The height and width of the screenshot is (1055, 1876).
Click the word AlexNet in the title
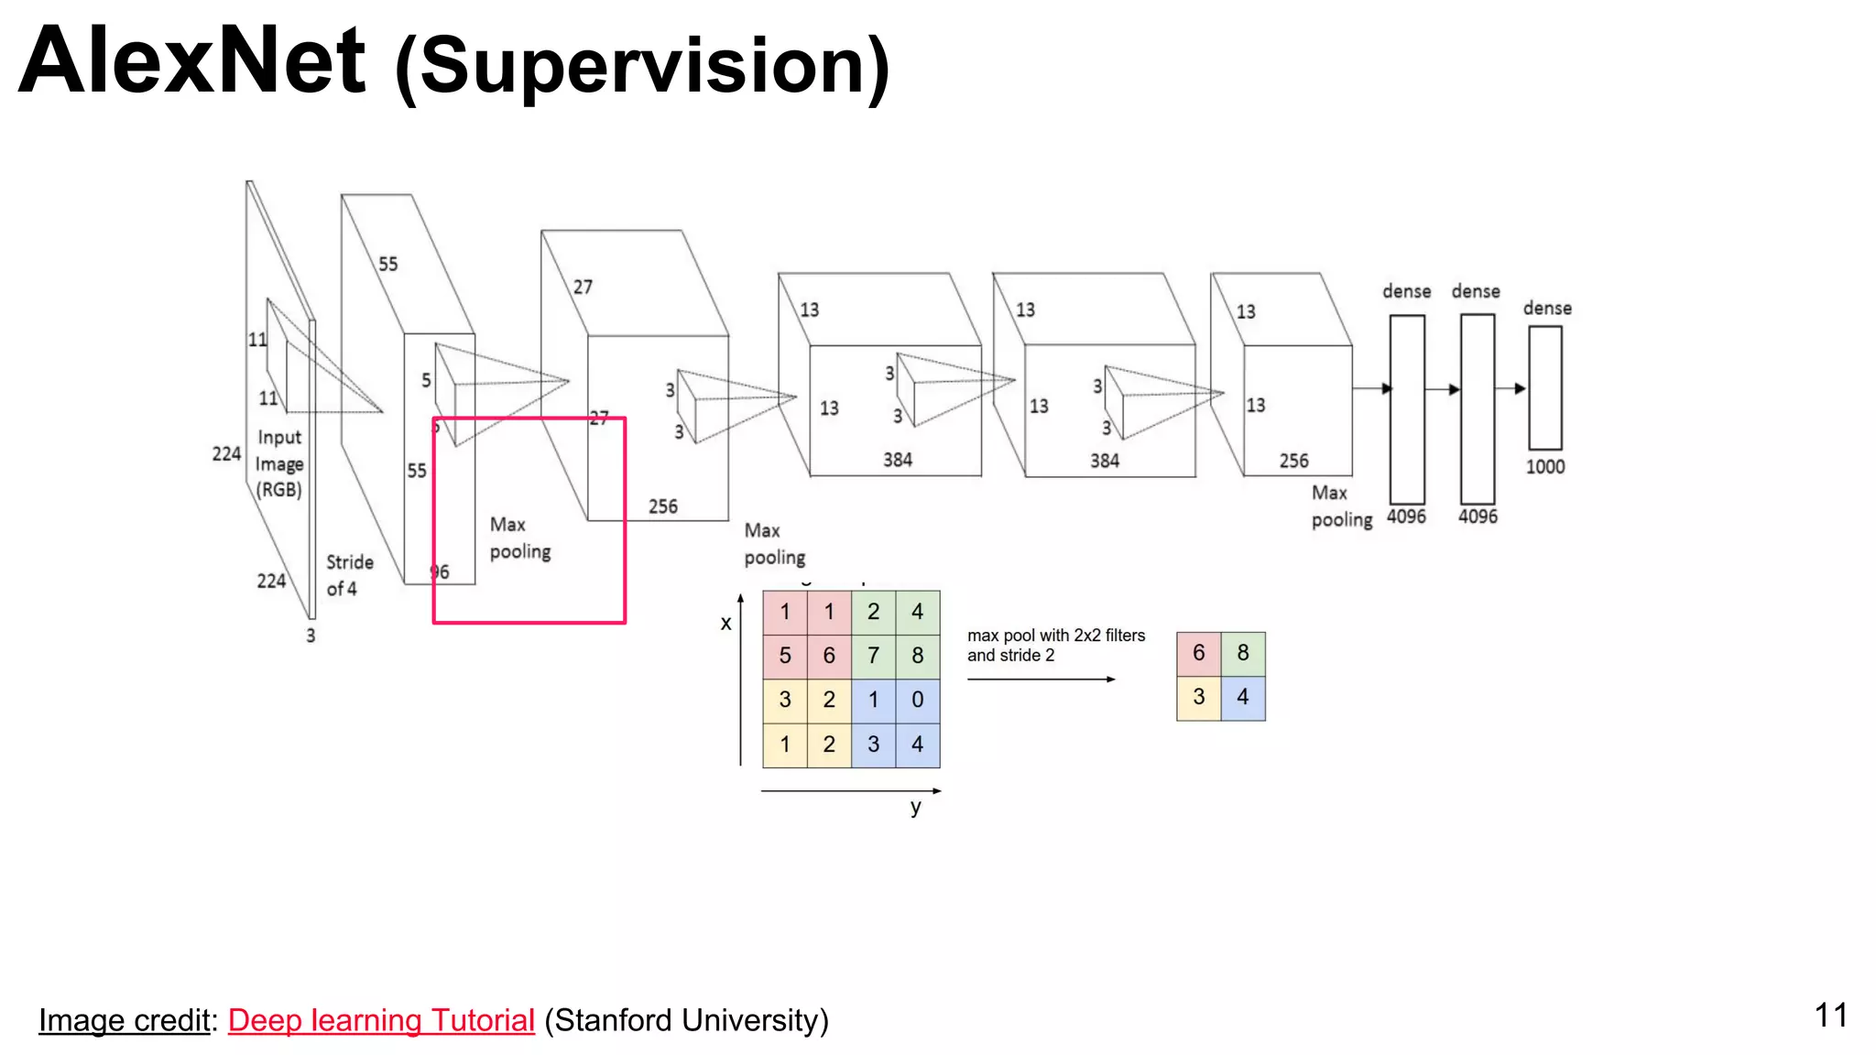(x=192, y=62)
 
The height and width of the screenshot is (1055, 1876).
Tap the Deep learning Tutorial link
(x=381, y=1020)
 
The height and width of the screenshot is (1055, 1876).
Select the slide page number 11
(x=1830, y=1015)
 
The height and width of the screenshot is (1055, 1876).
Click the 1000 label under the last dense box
(x=1544, y=467)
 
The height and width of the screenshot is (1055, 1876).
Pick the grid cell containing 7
(x=873, y=656)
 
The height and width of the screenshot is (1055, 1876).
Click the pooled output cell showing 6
(x=1198, y=653)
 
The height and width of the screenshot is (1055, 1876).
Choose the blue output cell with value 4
(x=1243, y=698)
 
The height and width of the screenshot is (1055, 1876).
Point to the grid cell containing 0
(x=917, y=700)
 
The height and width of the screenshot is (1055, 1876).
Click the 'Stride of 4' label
(x=349, y=575)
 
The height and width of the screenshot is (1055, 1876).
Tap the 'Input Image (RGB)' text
(x=278, y=463)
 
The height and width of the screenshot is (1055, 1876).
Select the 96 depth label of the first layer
(x=440, y=572)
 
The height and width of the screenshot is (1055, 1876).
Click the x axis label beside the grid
(x=725, y=624)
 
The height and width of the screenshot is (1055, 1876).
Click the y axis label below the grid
(x=915, y=807)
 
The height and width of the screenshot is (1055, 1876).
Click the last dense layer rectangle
(x=1544, y=387)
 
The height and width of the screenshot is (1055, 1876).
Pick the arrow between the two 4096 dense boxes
(x=1442, y=389)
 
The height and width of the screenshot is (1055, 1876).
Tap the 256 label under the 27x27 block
(x=662, y=506)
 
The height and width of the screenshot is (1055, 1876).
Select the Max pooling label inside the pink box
(x=519, y=538)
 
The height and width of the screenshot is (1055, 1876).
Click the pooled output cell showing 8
(x=1243, y=653)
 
